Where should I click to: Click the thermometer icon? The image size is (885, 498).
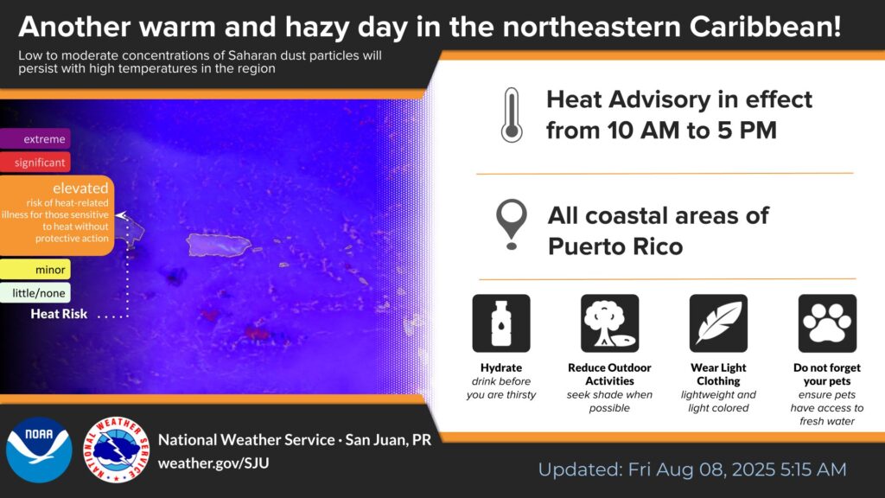pos(512,115)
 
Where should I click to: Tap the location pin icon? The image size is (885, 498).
pos(512,224)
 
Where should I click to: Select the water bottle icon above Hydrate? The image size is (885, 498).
pos(501,323)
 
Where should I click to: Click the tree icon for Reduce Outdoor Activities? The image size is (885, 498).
pos(609,323)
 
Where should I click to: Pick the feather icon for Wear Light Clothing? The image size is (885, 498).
pos(718,323)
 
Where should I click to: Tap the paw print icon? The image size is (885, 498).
pos(827,323)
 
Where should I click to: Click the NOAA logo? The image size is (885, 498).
pos(39,450)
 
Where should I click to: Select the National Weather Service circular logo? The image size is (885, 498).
pos(117,450)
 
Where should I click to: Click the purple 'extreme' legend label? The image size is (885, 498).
pos(35,139)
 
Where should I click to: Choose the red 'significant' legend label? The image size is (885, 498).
pos(35,163)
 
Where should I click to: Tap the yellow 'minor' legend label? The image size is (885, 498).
pos(35,270)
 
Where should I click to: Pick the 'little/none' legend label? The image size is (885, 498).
pos(35,293)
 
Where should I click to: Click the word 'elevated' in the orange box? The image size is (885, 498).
pos(80,188)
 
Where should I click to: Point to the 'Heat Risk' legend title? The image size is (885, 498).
pos(59,314)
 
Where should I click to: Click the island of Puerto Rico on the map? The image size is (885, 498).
pos(219,245)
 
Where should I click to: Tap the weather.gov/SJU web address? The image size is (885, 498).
pos(213,463)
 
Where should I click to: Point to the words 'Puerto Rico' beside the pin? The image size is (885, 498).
pos(615,246)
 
